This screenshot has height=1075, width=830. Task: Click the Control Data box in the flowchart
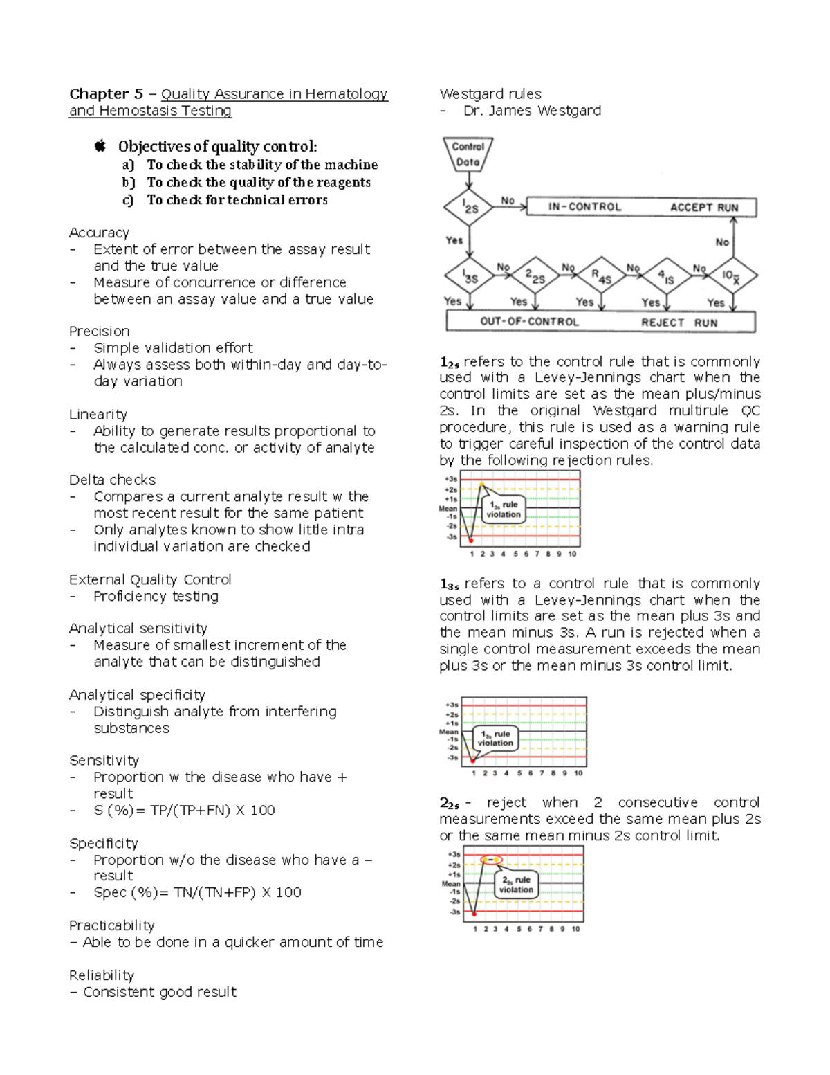click(468, 154)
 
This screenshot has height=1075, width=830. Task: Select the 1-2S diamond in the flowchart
click(470, 207)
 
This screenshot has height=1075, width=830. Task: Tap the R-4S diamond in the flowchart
click(601, 276)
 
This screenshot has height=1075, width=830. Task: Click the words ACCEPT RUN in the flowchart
click(704, 208)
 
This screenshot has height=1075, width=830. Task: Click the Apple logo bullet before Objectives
click(100, 146)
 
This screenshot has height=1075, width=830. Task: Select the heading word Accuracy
click(99, 233)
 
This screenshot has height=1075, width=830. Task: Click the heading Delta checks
click(112, 480)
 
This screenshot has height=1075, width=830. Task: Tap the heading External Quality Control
click(150, 579)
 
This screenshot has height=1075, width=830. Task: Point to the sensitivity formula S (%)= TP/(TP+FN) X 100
click(184, 810)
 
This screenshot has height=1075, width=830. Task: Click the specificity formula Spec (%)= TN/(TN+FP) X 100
click(197, 892)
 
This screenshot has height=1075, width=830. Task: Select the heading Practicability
click(111, 925)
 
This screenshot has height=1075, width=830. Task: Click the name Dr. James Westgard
click(532, 111)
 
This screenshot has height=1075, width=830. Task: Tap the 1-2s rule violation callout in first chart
click(504, 509)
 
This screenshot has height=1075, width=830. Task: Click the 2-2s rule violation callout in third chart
click(516, 885)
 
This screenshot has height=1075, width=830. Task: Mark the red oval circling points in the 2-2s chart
click(490, 860)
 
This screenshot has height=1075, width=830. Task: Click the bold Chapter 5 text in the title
click(106, 94)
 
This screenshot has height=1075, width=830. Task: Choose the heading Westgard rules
click(490, 94)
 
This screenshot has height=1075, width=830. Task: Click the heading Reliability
click(102, 975)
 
